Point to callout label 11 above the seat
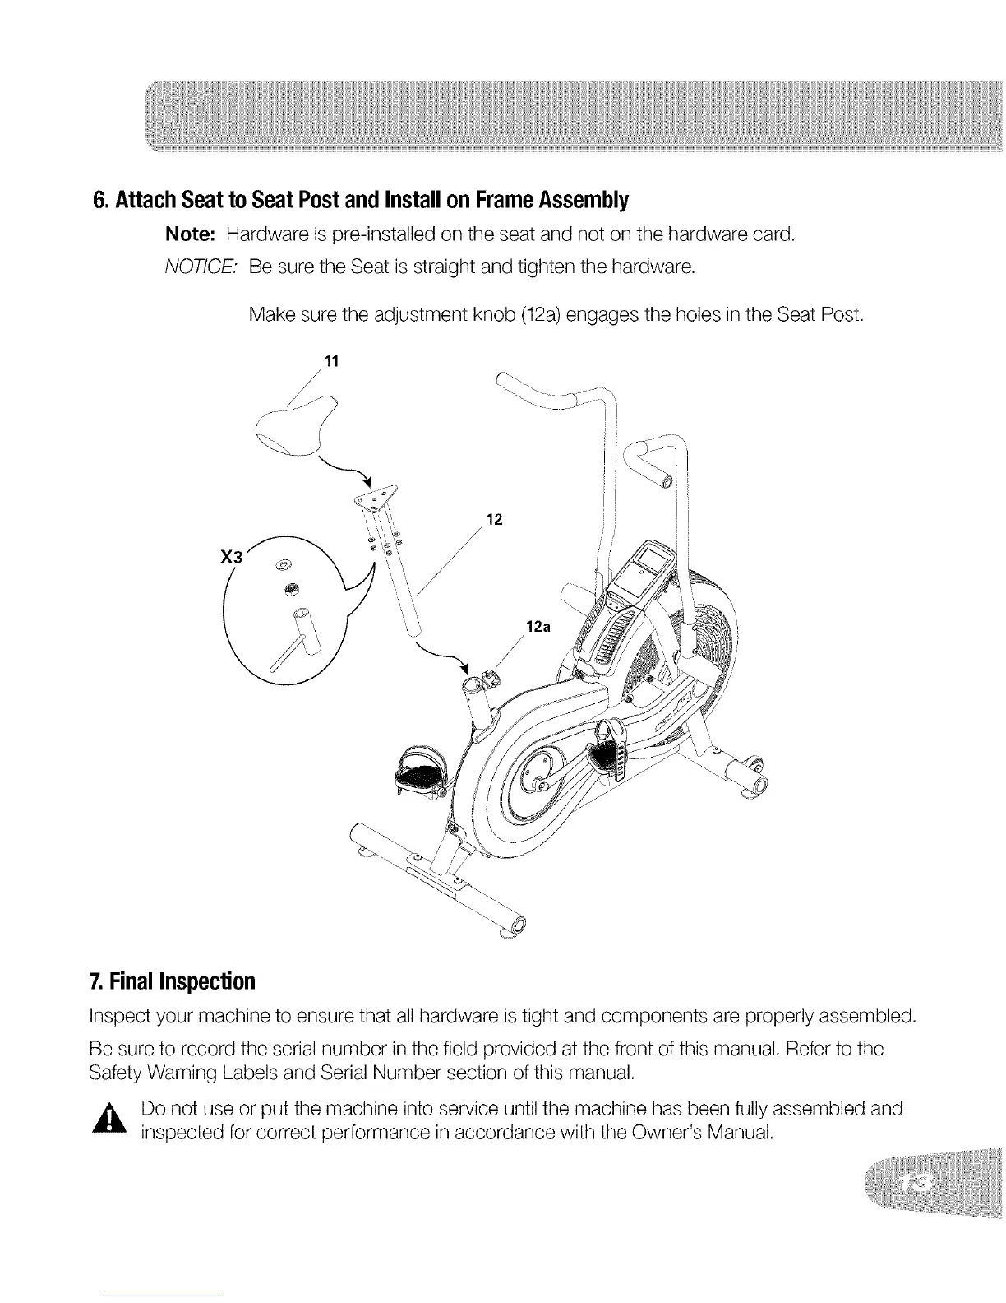click(x=332, y=361)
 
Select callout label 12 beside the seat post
click(x=494, y=519)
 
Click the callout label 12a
click(x=537, y=626)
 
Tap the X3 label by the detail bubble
click(x=233, y=555)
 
